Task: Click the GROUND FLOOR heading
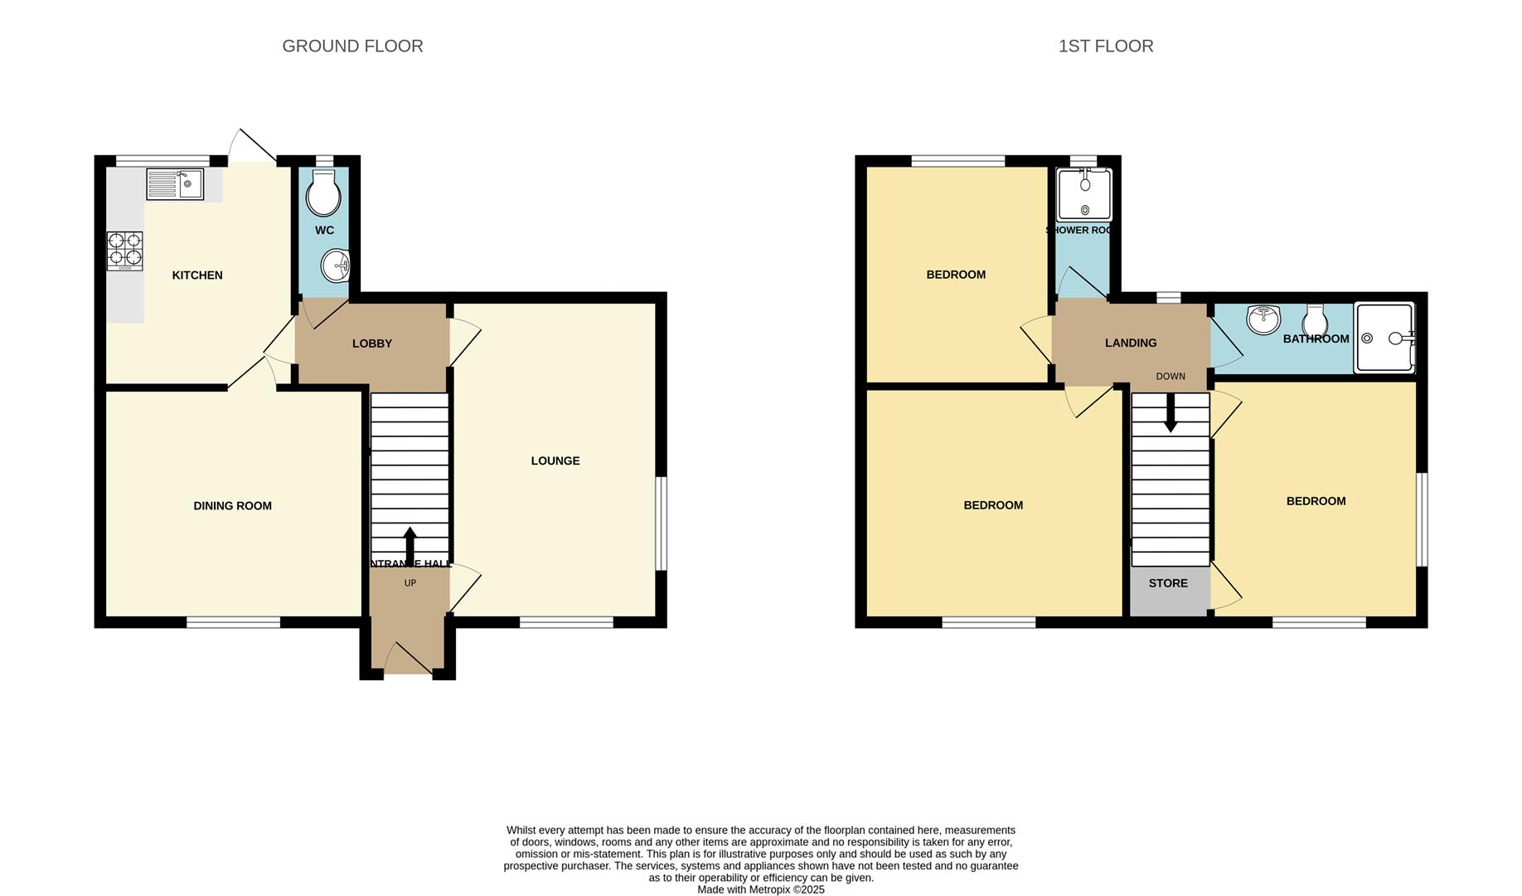[352, 46]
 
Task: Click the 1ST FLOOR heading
[1105, 46]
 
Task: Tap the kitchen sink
[175, 184]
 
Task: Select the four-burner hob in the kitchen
[124, 251]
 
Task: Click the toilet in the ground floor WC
[323, 194]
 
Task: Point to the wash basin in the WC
[337, 266]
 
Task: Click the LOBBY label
[371, 343]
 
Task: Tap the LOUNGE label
[555, 460]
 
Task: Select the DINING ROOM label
[232, 505]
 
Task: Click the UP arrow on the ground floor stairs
[410, 545]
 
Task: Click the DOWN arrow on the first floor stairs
[1170, 412]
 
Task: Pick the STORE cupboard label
[1168, 583]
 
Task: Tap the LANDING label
[1130, 343]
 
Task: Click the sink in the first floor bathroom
[1263, 319]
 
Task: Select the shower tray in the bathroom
[1384, 338]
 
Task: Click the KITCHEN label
[196, 275]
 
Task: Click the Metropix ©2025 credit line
[760, 889]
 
